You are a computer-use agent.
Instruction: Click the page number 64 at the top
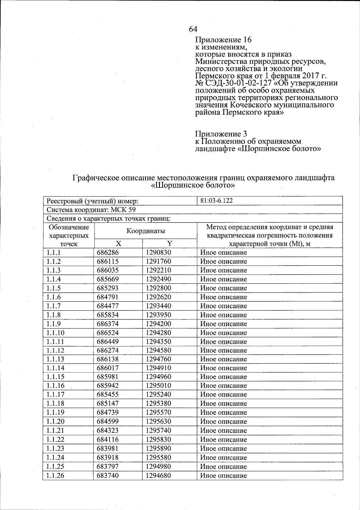193,29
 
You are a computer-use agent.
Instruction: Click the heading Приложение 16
223,40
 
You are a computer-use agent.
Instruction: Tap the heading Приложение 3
221,134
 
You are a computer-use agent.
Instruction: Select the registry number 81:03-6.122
216,201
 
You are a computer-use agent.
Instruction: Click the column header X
118,243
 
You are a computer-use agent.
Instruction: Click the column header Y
169,243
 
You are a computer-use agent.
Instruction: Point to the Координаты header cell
145,231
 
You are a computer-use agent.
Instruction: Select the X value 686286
107,252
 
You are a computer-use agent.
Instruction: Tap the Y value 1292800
158,288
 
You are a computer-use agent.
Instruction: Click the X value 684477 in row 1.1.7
107,306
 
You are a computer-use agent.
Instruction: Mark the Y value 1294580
158,350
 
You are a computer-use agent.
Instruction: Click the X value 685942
107,386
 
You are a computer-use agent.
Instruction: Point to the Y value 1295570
158,412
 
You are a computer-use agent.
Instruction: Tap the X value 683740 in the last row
107,476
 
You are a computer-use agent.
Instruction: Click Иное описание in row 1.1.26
223,476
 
